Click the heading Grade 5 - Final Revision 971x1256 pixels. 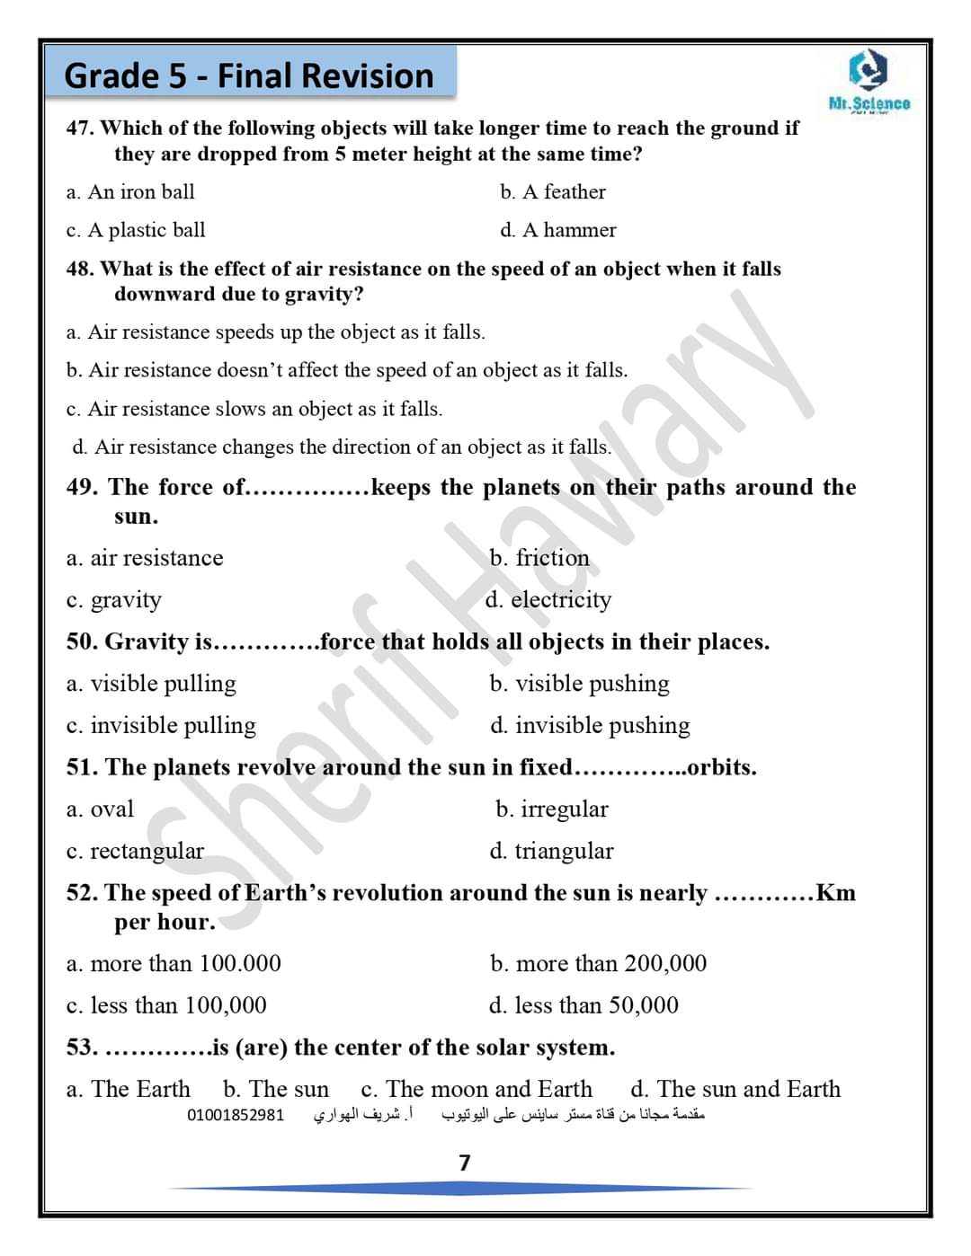pyautogui.click(x=249, y=75)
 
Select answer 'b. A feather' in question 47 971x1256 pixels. pyautogui.click(x=553, y=192)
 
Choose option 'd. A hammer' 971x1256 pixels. pyautogui.click(x=558, y=231)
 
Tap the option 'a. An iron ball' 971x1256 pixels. pyautogui.click(x=130, y=192)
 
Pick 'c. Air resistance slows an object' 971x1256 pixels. pyautogui.click(x=254, y=410)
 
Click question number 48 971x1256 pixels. pyautogui.click(x=81, y=269)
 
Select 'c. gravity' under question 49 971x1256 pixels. pyautogui.click(x=114, y=600)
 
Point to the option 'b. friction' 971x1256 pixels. pyautogui.click(x=539, y=558)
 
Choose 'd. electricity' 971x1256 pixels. pyautogui.click(x=548, y=600)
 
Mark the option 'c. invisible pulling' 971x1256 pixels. pyautogui.click(x=161, y=726)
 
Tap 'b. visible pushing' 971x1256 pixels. pyautogui.click(x=580, y=684)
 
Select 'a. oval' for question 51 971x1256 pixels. pyautogui.click(x=100, y=809)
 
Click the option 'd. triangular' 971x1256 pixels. pyautogui.click(x=552, y=851)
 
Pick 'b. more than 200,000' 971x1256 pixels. pyautogui.click(x=599, y=964)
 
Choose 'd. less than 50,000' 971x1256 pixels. pyautogui.click(x=584, y=1005)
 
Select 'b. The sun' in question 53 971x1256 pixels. pyautogui.click(x=276, y=1090)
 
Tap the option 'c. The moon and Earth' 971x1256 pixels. pyautogui.click(x=477, y=1090)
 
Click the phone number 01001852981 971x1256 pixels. pyautogui.click(x=236, y=1116)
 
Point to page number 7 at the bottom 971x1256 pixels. pyautogui.click(x=465, y=1163)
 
